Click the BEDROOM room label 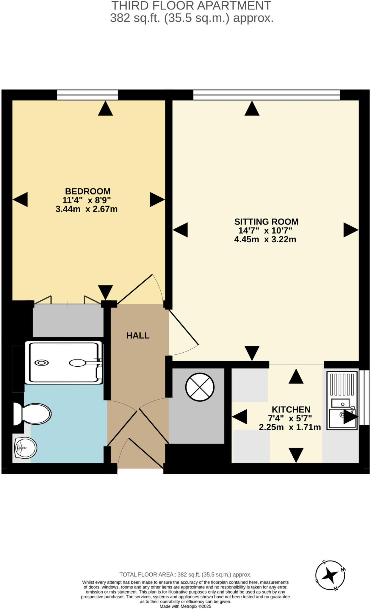[88, 191]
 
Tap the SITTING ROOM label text [266, 222]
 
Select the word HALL [138, 335]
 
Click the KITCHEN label [291, 409]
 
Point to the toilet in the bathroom [33, 414]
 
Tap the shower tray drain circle [42, 362]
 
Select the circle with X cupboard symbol [200, 387]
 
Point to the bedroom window [87, 95]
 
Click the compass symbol [330, 576]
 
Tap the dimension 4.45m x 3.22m [265, 239]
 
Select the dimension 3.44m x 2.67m [87, 209]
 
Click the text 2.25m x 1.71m [290, 427]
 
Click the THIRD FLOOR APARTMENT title [191, 6]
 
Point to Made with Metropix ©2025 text [185, 606]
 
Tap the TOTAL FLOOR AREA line [185, 575]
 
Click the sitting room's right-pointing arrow [350, 230]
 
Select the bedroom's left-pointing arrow [21, 199]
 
